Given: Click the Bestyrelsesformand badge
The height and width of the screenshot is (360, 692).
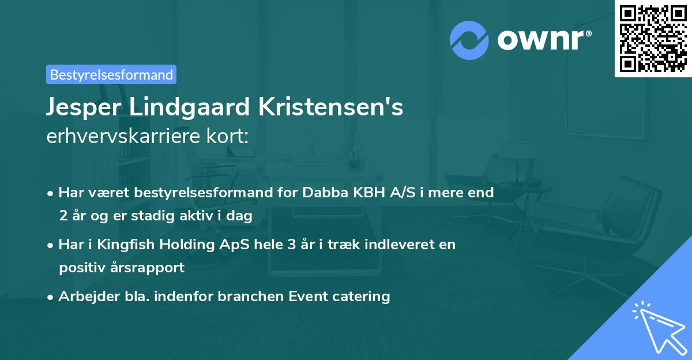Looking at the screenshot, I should [x=111, y=74].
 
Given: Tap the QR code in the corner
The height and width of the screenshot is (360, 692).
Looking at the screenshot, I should [x=653, y=38].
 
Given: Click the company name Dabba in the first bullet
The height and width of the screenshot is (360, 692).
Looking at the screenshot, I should [x=322, y=193].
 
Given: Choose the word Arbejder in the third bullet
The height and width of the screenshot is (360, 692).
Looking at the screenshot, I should [x=84, y=297].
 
